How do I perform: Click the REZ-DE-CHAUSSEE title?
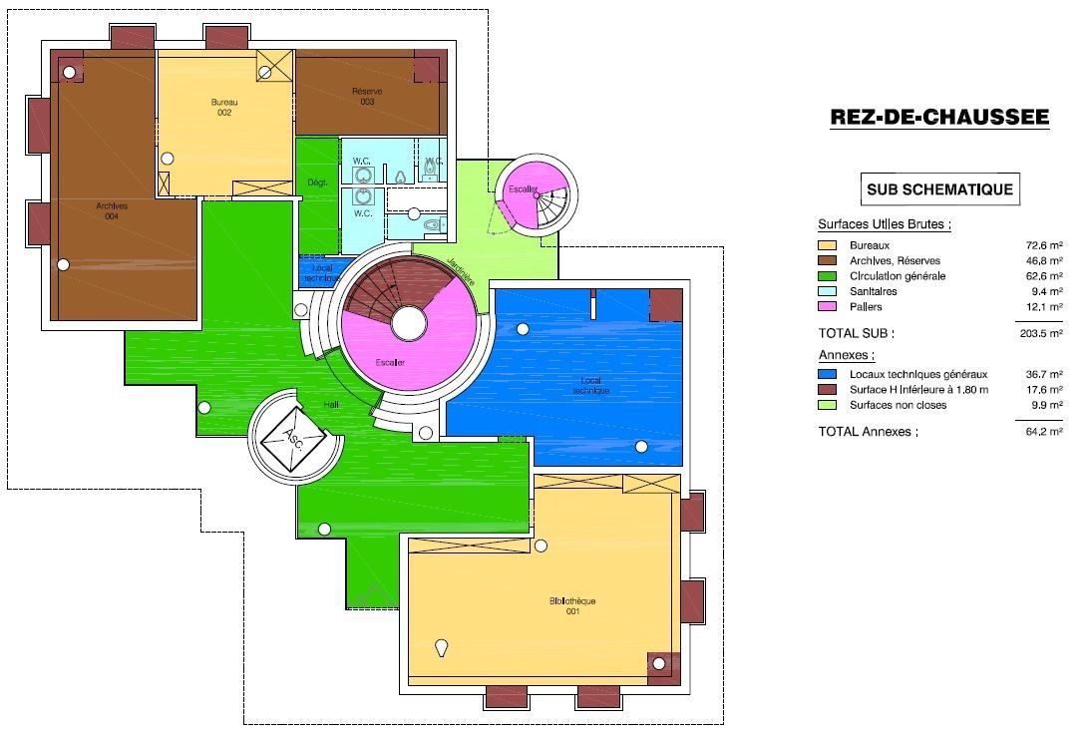(939, 118)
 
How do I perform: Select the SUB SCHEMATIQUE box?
(939, 188)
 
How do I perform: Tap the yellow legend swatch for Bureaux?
(827, 245)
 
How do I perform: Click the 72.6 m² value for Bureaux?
(1043, 245)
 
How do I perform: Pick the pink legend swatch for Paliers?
(827, 307)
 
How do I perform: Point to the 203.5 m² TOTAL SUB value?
(1041, 333)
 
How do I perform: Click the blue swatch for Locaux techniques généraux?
(827, 374)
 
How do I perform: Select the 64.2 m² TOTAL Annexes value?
(1043, 432)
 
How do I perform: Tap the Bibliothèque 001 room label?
(572, 606)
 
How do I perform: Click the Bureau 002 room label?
(224, 107)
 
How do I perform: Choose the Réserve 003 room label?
(367, 97)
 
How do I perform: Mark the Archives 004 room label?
(112, 210)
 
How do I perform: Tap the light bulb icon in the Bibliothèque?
(441, 648)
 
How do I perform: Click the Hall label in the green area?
(331, 405)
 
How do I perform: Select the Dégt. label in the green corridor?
(317, 183)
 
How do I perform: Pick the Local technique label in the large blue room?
(589, 385)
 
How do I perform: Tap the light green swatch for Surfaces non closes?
(827, 406)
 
